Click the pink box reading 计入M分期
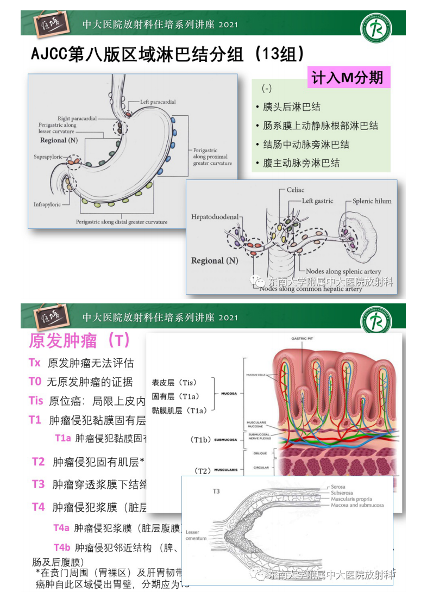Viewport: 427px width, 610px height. (348, 78)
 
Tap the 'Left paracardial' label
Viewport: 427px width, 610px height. (158, 102)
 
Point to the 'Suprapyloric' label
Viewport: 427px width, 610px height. (48, 157)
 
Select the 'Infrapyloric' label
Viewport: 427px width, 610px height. (47, 205)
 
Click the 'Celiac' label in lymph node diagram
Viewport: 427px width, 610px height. (296, 190)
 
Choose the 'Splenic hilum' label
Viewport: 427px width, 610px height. (372, 201)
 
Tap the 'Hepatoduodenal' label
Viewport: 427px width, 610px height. (215, 217)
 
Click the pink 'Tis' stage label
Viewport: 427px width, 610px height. (36, 401)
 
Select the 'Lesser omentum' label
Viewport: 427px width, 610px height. (196, 535)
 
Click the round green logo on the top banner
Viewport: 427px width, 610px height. (376, 28)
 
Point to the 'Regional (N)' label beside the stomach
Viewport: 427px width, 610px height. (60, 140)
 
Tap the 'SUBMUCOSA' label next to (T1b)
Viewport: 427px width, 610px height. (225, 439)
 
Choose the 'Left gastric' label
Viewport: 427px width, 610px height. (318, 201)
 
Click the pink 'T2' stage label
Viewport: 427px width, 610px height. (38, 462)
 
